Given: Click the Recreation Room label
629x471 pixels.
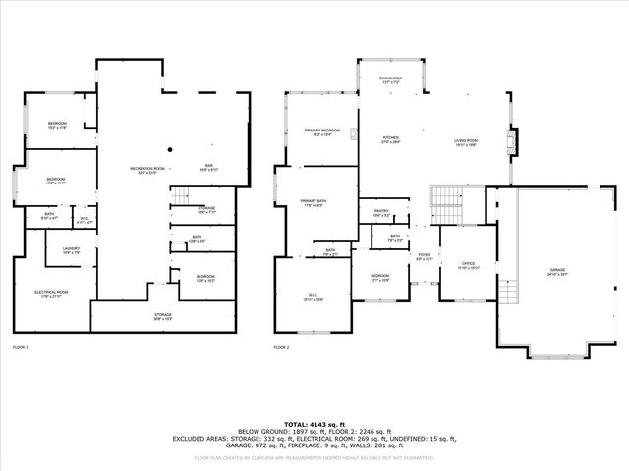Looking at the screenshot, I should (x=146, y=169).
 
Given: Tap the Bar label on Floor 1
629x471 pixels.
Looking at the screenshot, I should (x=209, y=167).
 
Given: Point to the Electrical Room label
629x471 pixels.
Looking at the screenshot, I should (x=51, y=293).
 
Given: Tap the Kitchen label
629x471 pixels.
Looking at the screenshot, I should (x=391, y=139).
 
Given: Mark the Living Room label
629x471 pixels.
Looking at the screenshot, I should (x=465, y=142).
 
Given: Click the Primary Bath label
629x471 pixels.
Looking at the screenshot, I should (x=314, y=202).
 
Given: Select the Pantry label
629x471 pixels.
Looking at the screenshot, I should (x=381, y=212).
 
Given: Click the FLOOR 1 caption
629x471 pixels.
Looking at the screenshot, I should (x=21, y=348).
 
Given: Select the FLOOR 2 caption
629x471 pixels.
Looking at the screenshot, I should (x=282, y=348).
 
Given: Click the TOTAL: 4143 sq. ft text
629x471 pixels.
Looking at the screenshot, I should (x=314, y=421).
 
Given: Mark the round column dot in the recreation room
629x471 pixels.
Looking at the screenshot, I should (x=169, y=149).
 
